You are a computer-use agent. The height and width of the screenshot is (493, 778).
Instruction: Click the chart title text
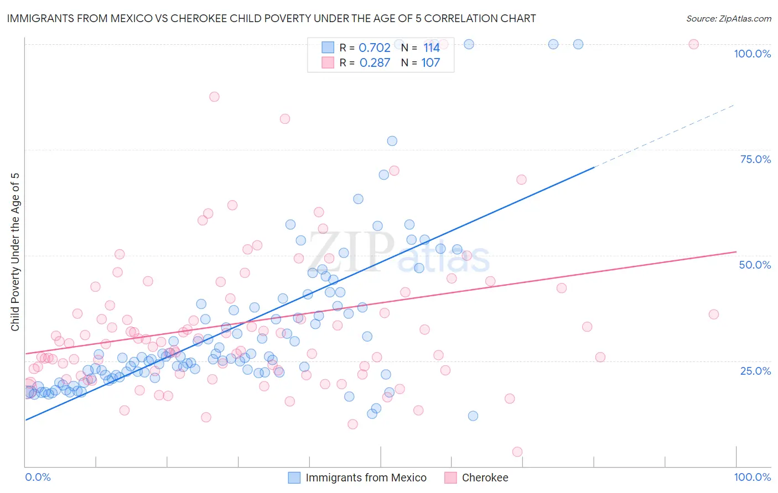click(271, 18)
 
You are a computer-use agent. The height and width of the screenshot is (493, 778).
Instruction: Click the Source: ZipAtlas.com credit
click(728, 18)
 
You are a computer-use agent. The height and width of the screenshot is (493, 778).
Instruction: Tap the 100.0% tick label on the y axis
click(752, 54)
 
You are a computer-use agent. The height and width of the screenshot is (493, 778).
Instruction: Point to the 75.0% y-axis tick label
click(755, 159)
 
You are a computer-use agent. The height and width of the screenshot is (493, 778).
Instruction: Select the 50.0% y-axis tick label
click(755, 265)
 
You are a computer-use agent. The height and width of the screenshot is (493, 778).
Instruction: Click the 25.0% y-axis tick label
click(755, 370)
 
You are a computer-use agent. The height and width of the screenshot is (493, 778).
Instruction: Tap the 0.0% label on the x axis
click(38, 477)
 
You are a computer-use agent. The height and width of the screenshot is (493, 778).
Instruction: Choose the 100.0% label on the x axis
click(752, 477)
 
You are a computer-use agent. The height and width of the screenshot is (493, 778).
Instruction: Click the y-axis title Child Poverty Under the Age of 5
click(15, 252)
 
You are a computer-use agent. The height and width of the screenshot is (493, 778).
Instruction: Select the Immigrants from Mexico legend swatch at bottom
click(294, 478)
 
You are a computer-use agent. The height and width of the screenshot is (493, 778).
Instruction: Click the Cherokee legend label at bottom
click(485, 478)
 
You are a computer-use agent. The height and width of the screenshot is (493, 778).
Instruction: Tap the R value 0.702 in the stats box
click(375, 48)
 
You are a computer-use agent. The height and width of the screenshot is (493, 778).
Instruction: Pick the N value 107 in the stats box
click(431, 63)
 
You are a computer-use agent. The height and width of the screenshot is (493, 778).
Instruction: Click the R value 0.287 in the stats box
click(375, 63)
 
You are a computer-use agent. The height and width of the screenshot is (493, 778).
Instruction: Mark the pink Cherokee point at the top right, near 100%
click(693, 44)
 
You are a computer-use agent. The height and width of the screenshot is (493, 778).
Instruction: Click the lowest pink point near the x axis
click(517, 452)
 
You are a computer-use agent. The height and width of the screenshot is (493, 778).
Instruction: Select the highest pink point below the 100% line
click(214, 97)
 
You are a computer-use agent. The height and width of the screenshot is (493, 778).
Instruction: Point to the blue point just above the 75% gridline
click(392, 141)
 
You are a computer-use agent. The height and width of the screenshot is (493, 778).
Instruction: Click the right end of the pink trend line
click(735, 251)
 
